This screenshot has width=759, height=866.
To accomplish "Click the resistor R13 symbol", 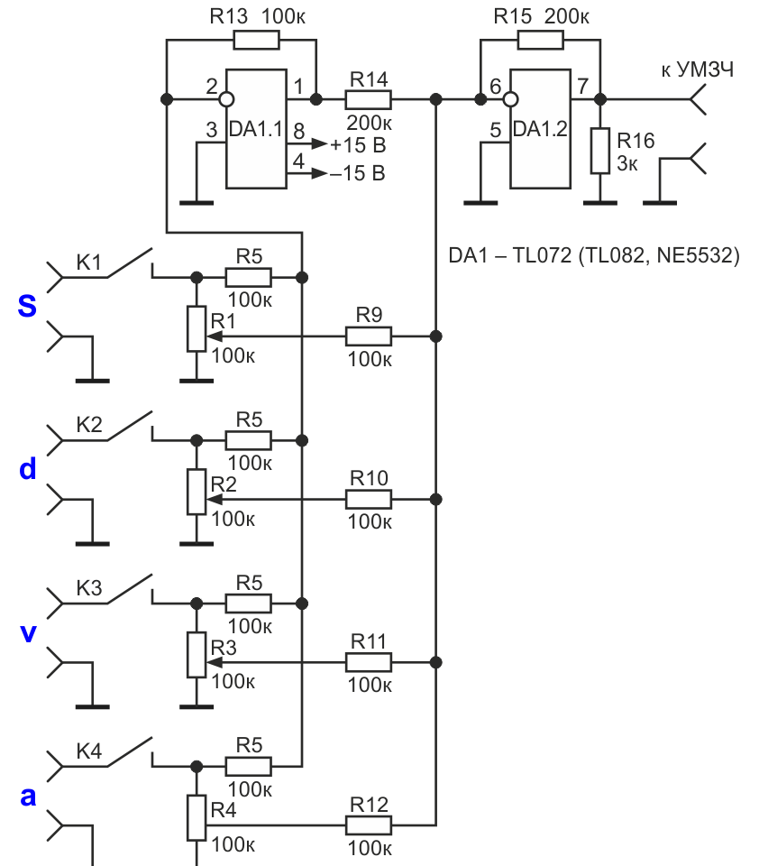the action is point(256,40).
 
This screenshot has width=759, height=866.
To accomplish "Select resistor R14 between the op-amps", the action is point(368,99).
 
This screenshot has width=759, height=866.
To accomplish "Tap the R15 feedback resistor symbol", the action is point(541,40).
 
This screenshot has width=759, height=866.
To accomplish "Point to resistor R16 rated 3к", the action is point(600,151).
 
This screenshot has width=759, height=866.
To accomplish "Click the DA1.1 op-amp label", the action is point(255,129).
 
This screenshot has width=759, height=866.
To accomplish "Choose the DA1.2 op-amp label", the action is point(540,129).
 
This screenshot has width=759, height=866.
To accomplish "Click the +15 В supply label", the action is point(358,145).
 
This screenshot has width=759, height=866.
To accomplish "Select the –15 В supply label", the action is point(358,173).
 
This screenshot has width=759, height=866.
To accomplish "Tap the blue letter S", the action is point(27,306).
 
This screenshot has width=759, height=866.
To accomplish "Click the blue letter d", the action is point(28,469).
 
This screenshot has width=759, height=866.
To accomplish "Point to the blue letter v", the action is point(28,633).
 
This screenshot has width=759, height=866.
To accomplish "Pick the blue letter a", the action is point(28,797).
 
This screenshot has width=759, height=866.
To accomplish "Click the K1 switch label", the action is point(89,263).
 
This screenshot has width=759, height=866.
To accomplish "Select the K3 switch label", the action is point(89,588).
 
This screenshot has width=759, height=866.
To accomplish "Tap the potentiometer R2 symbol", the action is point(197,492).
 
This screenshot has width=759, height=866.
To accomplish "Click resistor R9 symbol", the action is point(368,336).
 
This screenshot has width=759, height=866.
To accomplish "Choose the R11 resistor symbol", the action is point(368,662).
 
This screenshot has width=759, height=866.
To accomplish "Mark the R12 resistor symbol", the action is point(368,825).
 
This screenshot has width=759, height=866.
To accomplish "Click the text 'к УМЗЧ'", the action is point(697,70).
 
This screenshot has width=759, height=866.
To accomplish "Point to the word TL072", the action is point(542,255).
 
